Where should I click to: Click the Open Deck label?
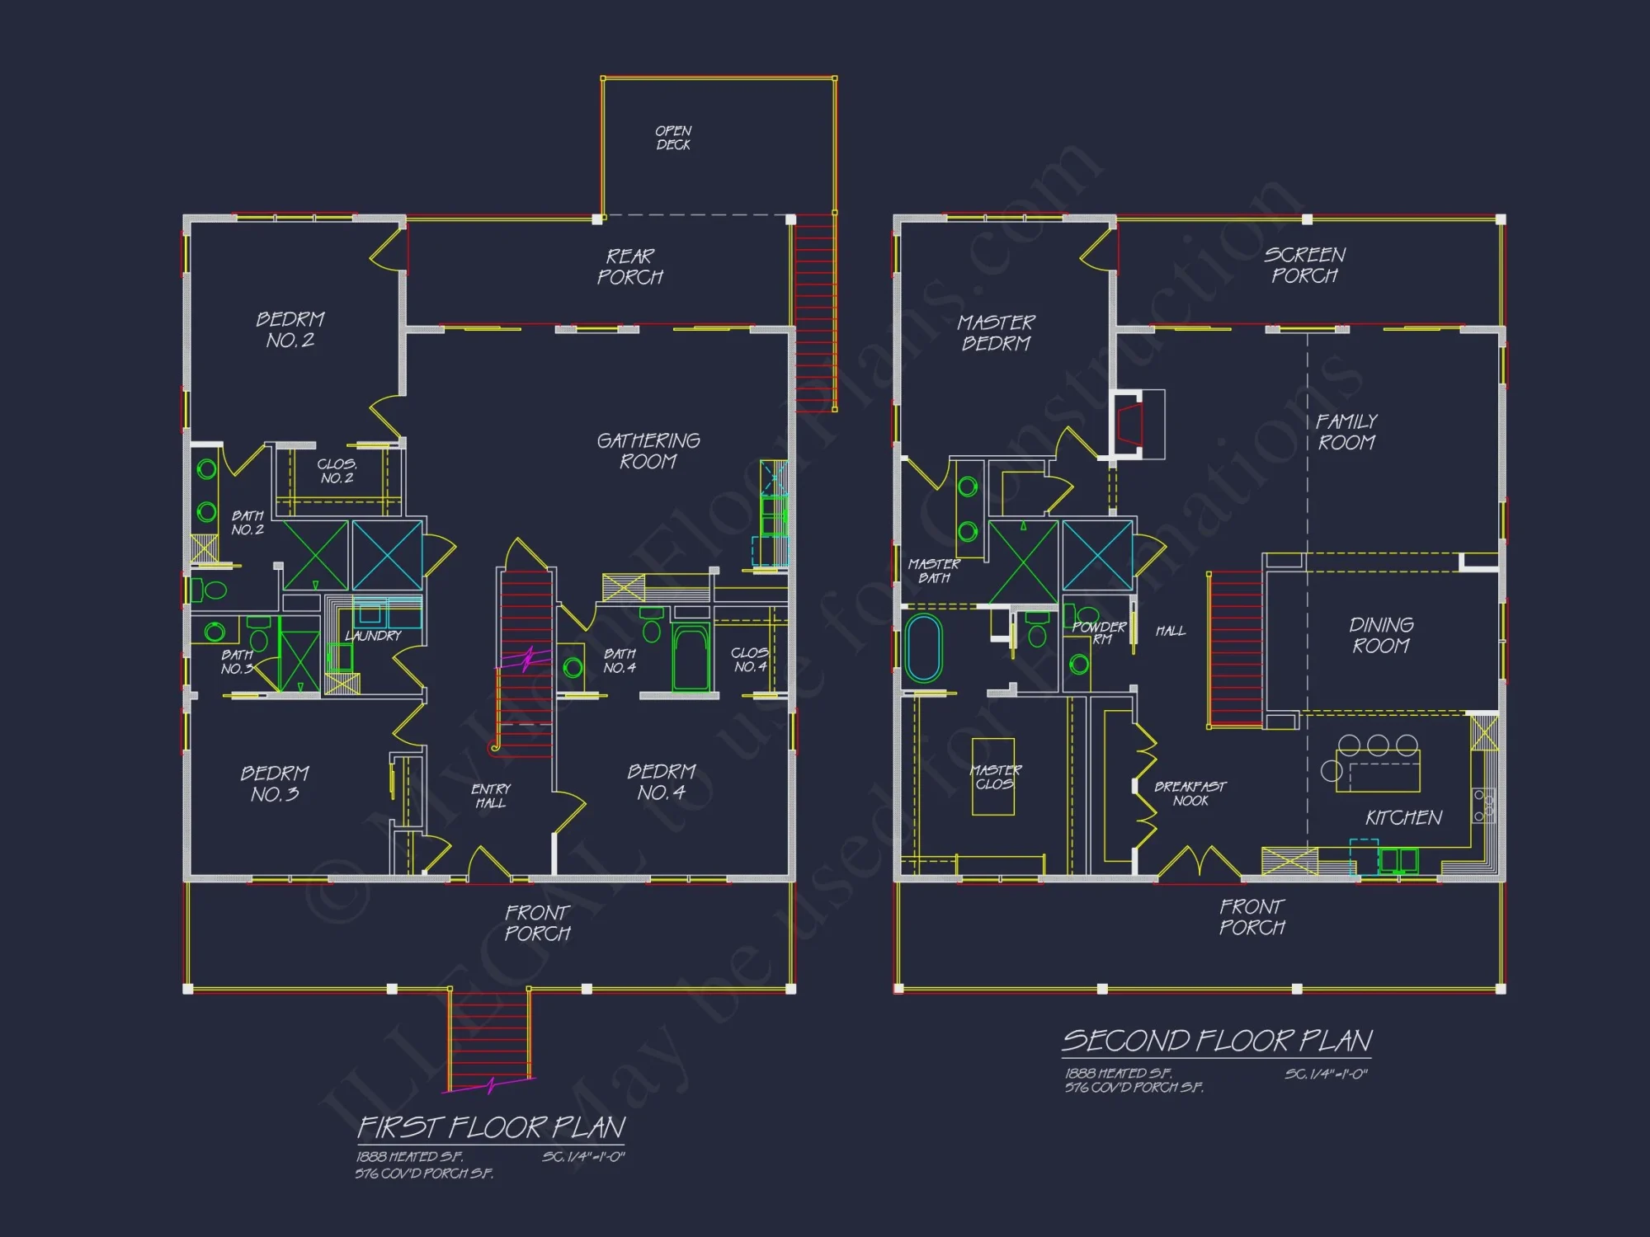click(673, 138)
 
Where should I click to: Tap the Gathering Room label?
click(648, 451)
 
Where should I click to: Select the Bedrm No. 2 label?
click(290, 330)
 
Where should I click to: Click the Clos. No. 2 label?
click(337, 471)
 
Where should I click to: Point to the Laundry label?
click(373, 636)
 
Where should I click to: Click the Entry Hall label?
click(491, 796)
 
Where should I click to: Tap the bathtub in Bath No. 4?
click(691, 657)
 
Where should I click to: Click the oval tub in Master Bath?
click(923, 648)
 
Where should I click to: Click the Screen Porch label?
click(1304, 265)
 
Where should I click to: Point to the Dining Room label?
click(1381, 635)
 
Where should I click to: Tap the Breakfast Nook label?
click(1190, 793)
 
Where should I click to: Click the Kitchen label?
click(1403, 818)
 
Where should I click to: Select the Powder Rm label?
click(1099, 633)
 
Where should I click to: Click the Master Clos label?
click(995, 777)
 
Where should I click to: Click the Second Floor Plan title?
click(1217, 1042)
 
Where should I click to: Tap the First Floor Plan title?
click(492, 1127)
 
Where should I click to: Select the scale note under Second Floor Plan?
click(1326, 1075)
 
